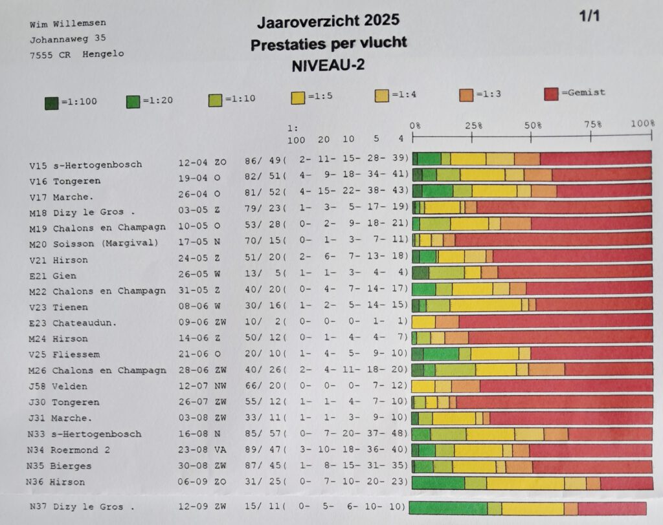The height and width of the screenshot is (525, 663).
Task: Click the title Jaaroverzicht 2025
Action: tap(328, 22)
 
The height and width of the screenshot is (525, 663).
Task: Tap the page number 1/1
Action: tap(589, 16)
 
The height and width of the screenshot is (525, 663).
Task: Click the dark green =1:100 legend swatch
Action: tap(51, 102)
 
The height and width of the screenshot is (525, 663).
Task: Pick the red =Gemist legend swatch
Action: tap(552, 94)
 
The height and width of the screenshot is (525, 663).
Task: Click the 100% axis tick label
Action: tap(643, 123)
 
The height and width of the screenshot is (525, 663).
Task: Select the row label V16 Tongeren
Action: tap(65, 181)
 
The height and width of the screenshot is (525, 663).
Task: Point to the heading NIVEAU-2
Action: tap(328, 65)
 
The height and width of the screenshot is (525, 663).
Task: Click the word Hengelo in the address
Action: tap(103, 54)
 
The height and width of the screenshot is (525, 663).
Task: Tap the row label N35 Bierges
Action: tap(59, 466)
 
